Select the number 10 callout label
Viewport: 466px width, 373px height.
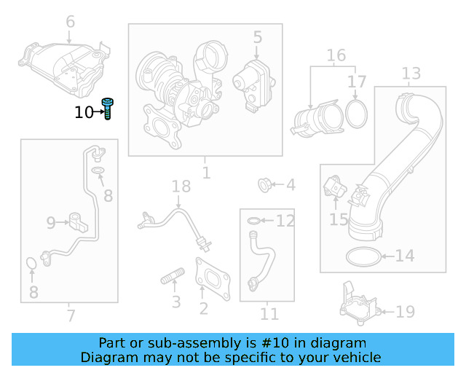click(x=84, y=112)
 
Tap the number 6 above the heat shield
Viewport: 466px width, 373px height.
click(x=70, y=22)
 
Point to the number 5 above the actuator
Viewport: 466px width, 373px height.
click(x=257, y=36)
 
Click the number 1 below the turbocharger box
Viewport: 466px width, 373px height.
click(x=206, y=173)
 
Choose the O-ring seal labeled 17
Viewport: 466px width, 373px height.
click(x=355, y=114)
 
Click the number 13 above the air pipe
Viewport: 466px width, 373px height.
click(x=411, y=73)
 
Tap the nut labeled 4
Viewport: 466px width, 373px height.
click(x=266, y=185)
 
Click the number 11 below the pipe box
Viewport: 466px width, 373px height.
click(x=269, y=314)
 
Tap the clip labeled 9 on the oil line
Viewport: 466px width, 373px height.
click(x=77, y=219)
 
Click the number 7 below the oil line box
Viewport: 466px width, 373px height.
click(x=70, y=316)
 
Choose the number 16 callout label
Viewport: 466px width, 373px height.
click(x=336, y=55)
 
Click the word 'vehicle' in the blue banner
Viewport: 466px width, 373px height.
click(x=355, y=357)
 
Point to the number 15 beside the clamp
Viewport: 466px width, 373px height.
click(x=339, y=219)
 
